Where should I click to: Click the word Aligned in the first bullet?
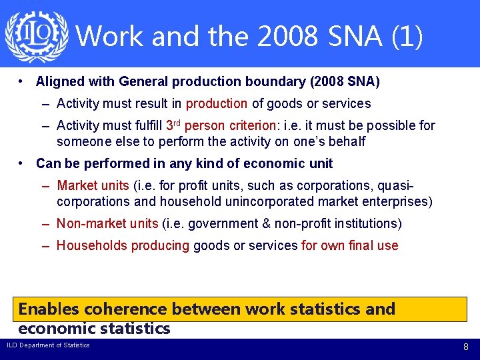pyautogui.click(x=59, y=82)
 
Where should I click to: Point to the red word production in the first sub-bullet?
pyautogui.click(x=217, y=104)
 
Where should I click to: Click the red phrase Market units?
pyautogui.click(x=93, y=185)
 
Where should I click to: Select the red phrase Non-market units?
pyautogui.click(x=107, y=223)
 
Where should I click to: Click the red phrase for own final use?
pyautogui.click(x=349, y=245)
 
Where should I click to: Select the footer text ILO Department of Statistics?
pyautogui.click(x=48, y=345)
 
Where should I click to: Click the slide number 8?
pyautogui.click(x=466, y=347)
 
